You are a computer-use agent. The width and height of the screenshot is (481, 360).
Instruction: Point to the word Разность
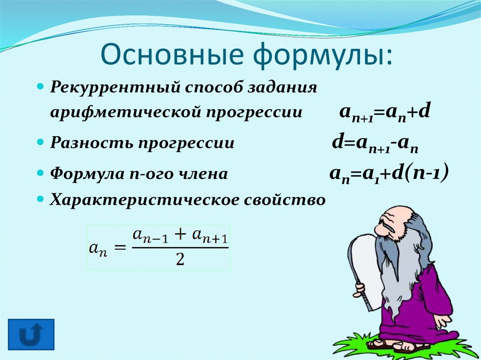[x=92, y=142]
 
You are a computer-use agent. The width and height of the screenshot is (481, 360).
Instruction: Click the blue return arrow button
[x=31, y=334]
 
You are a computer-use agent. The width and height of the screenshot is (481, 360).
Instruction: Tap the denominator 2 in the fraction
[x=180, y=260]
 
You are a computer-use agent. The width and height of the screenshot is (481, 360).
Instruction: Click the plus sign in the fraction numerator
[x=180, y=235]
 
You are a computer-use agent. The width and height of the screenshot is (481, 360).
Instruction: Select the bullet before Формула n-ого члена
[x=40, y=173]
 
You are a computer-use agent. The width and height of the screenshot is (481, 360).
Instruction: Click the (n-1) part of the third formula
[x=427, y=173]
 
